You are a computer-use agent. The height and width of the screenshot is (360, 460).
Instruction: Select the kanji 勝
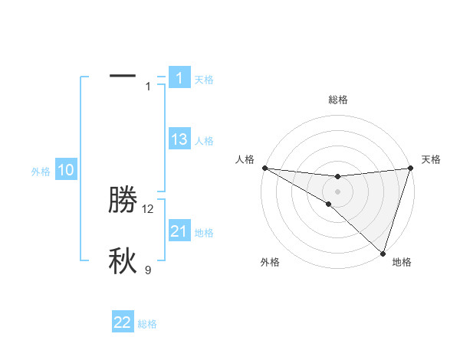click(123, 200)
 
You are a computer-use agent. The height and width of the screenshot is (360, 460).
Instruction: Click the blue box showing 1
click(179, 77)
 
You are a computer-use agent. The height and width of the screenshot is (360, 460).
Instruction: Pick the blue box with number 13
click(179, 139)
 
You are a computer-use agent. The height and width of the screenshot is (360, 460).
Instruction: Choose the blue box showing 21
click(179, 231)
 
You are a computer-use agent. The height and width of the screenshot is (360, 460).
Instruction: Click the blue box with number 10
click(67, 170)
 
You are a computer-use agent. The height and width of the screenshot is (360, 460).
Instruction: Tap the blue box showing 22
click(123, 322)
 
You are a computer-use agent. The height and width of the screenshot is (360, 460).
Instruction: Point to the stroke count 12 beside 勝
click(148, 208)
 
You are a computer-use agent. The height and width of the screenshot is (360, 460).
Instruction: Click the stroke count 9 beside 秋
click(148, 270)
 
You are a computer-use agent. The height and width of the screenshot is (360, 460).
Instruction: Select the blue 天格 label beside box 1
click(204, 80)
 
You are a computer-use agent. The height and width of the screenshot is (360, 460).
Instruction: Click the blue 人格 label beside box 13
click(204, 141)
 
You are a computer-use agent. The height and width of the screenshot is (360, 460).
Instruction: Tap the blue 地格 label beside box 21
click(204, 233)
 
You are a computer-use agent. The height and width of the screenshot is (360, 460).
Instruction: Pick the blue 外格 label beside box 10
click(41, 172)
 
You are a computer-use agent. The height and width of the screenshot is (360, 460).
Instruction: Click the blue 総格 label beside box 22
click(147, 324)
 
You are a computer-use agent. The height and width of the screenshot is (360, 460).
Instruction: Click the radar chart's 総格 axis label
click(337, 100)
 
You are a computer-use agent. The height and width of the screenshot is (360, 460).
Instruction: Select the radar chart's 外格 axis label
click(270, 262)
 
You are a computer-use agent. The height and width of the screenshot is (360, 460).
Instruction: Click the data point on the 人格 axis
click(264, 168)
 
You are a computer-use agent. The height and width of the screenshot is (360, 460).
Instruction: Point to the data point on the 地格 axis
click(383, 253)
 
